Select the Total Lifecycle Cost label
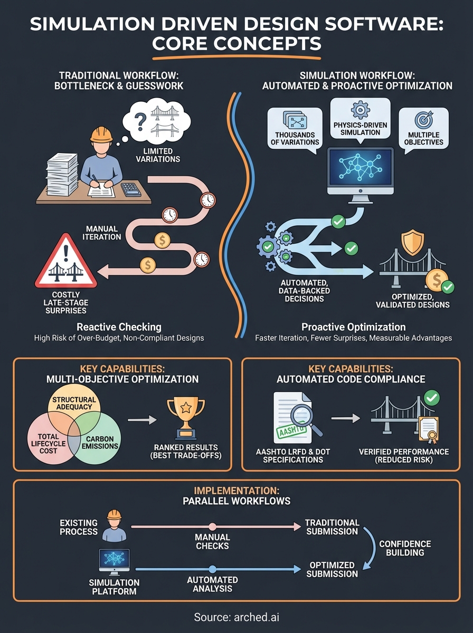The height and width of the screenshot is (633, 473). coord(47,443)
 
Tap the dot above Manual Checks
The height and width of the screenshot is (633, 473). coord(212,526)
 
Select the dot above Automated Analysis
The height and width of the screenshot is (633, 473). coord(212,569)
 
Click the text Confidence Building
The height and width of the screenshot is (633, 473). coord(405,549)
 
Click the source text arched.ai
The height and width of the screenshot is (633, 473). coord(235,617)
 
